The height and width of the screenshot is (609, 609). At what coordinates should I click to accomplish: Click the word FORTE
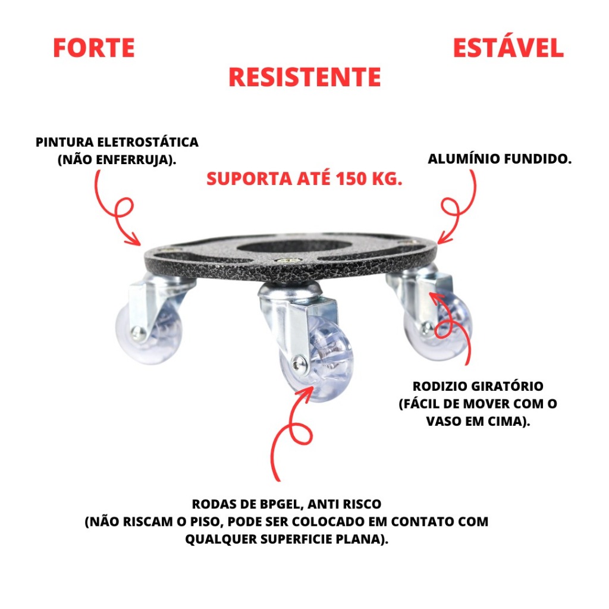point(94,48)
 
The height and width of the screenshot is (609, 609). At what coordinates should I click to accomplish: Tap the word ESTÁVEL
point(508,48)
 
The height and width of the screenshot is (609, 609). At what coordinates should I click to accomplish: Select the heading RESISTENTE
point(304,77)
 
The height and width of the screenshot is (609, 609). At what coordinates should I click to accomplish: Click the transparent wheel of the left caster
point(146,333)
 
